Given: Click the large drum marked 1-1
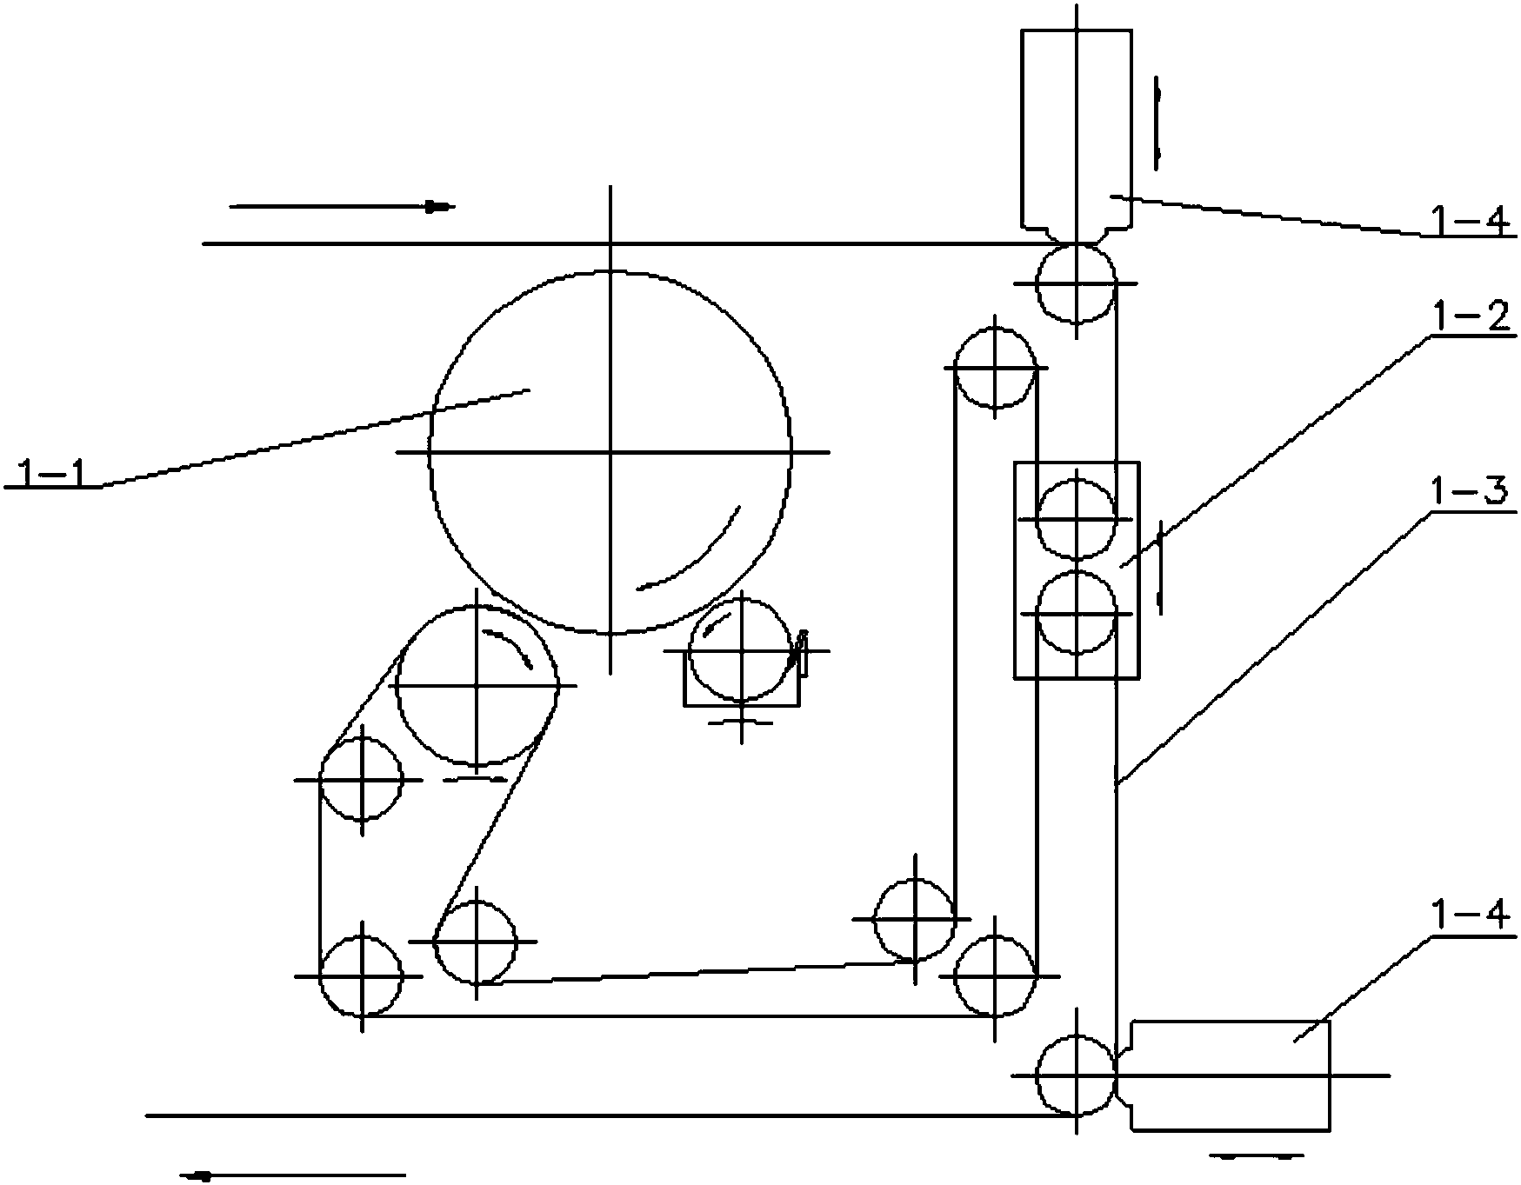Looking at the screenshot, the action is coord(610,452).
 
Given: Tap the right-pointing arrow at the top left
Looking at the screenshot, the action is coord(341,207).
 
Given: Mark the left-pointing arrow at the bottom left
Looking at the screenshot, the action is coord(294,1175).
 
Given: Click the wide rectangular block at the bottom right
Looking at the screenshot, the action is coord(1230,1075).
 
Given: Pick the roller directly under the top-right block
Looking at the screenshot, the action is coord(1077,283).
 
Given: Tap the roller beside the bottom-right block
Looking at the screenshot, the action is coord(1077,1075).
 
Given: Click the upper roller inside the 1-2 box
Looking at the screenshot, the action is coord(1077,519).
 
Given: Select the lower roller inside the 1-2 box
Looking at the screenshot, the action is coord(1077,614).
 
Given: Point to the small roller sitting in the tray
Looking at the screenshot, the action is coord(741,650).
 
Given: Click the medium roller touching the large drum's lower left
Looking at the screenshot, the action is coord(477,686).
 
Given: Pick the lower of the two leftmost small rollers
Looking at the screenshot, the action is coord(361,975).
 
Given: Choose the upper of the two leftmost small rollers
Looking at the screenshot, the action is coord(361,780).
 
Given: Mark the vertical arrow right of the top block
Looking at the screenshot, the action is coord(1157,123).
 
